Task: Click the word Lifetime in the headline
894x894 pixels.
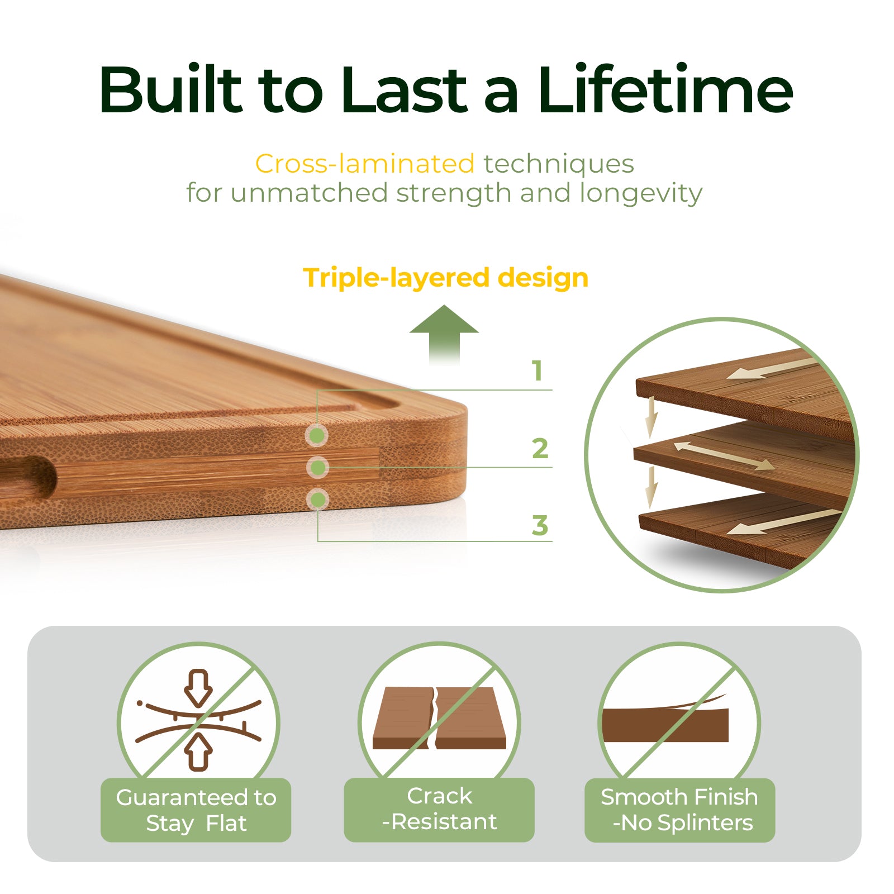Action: coord(665,89)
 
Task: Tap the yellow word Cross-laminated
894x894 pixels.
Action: coord(365,164)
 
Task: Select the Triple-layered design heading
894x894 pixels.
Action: coord(445,278)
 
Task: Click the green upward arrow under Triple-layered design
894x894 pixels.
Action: coord(444,334)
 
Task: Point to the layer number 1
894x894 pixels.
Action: coord(537,371)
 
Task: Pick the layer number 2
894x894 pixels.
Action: coord(540,449)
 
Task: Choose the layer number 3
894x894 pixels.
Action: coord(540,526)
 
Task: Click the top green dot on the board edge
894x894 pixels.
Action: coord(317,435)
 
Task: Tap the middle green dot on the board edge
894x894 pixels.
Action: coord(317,467)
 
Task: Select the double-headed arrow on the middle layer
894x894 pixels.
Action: coord(724,455)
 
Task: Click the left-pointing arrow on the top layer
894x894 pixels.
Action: coord(771,369)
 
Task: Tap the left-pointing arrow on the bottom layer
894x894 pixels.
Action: coord(782,522)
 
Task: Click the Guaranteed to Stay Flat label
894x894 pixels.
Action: coord(196,810)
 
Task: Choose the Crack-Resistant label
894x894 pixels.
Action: coord(439,809)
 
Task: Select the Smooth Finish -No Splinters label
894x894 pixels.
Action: coord(679,810)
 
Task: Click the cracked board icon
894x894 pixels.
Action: coord(439,718)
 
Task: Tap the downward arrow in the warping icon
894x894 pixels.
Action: coord(198,687)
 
